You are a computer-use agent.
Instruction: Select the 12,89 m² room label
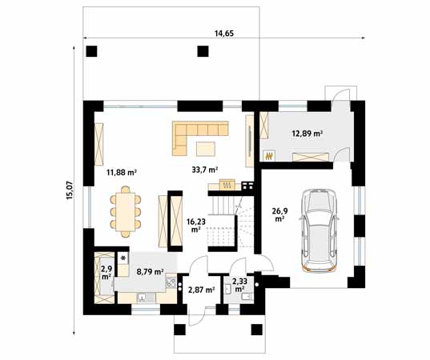coord(307,134)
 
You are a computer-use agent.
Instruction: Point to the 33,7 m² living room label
coord(205,170)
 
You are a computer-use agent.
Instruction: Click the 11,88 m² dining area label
coord(122,171)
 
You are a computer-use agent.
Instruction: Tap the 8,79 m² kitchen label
coord(148,272)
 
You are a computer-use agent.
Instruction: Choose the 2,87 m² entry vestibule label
coord(200,290)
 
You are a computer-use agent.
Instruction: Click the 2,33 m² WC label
coord(239,285)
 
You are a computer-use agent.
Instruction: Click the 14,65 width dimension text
coord(223,33)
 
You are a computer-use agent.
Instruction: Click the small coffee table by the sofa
coord(207,146)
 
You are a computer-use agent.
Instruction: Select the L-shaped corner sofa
coord(196,132)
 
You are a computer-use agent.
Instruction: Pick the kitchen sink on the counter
coord(145,298)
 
